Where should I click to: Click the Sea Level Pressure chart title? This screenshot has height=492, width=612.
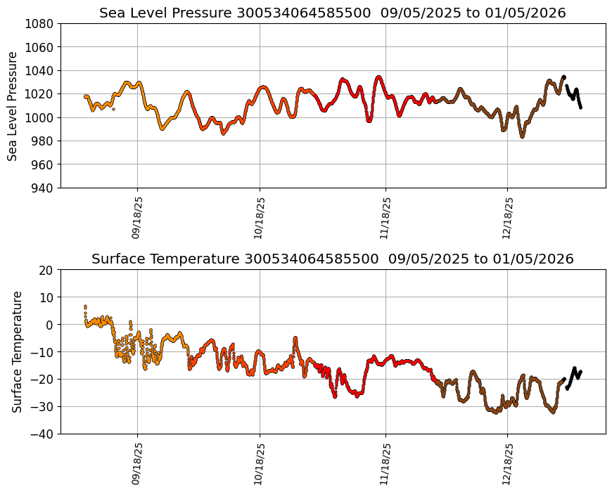(332, 13)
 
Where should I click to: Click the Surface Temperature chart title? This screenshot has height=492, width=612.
(332, 259)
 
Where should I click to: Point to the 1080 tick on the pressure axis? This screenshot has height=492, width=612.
(41, 23)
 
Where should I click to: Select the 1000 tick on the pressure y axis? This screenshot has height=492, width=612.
(41, 117)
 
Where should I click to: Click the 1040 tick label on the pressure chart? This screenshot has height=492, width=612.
(41, 70)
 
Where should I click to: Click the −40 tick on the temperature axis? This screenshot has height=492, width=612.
(43, 434)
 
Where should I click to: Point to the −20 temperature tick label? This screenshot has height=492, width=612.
(43, 380)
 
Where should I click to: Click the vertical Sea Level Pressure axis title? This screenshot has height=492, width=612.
(13, 105)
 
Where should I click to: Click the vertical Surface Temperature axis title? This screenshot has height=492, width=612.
(17, 351)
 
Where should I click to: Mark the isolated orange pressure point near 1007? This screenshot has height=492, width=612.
(113, 109)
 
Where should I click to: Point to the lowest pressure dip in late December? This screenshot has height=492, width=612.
(522, 136)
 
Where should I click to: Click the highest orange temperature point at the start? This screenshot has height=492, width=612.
(85, 306)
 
